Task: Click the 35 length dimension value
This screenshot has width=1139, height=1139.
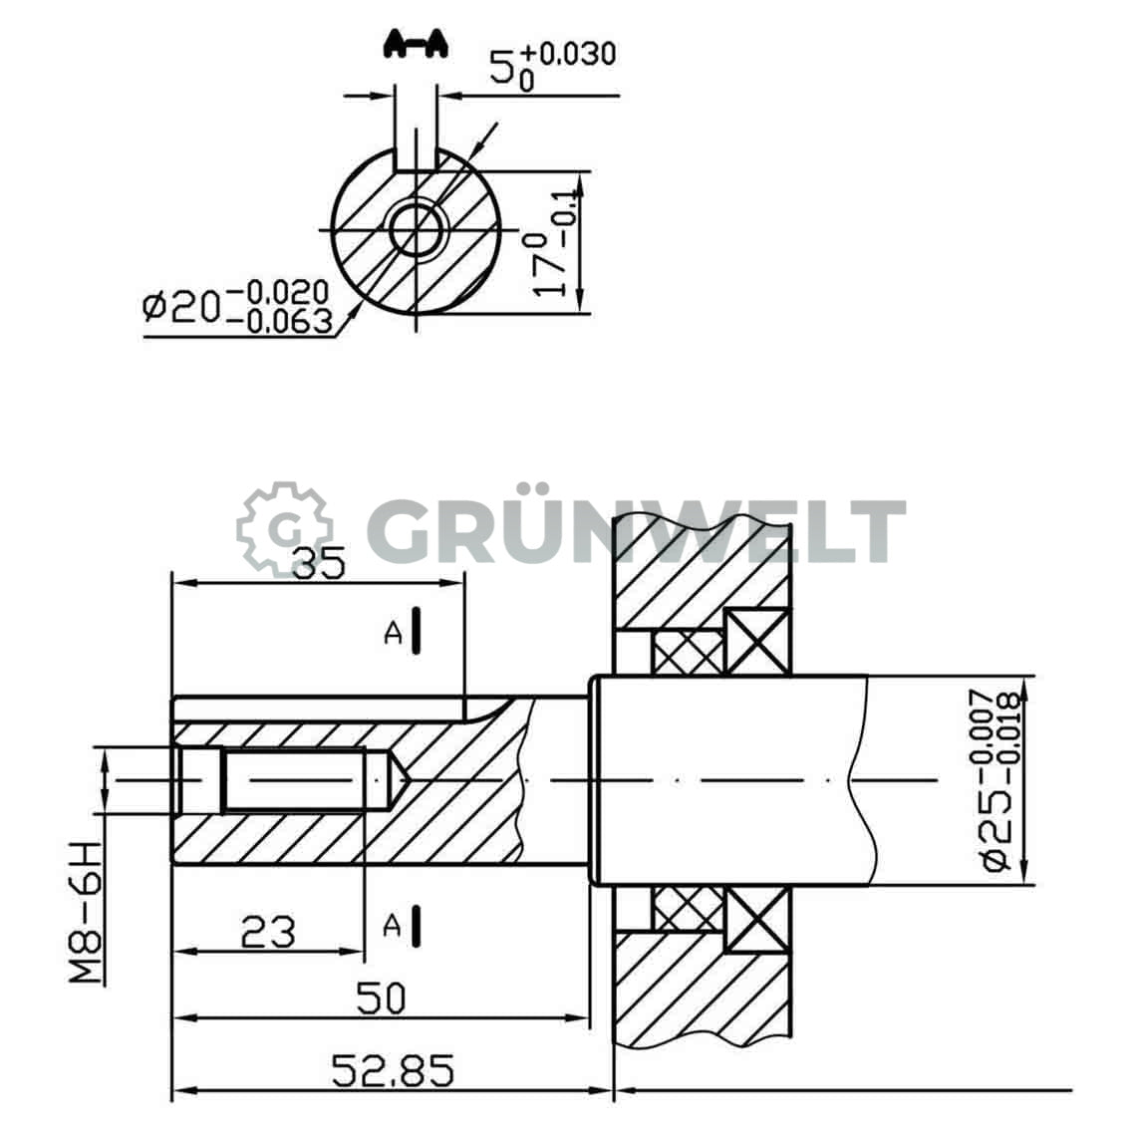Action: click(318, 564)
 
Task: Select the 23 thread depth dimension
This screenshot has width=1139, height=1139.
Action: click(269, 932)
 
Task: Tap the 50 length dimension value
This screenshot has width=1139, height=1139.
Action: click(381, 997)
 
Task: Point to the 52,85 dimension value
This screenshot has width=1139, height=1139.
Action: click(393, 1071)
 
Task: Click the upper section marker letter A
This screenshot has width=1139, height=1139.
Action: click(395, 633)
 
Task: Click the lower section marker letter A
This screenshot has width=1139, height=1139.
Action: click(395, 927)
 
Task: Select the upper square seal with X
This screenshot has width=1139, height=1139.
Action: click(756, 641)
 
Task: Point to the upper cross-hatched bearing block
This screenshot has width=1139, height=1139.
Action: click(688, 652)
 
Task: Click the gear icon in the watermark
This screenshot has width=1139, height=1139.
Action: click(284, 529)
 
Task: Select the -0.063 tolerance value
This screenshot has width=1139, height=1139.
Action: click(280, 321)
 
